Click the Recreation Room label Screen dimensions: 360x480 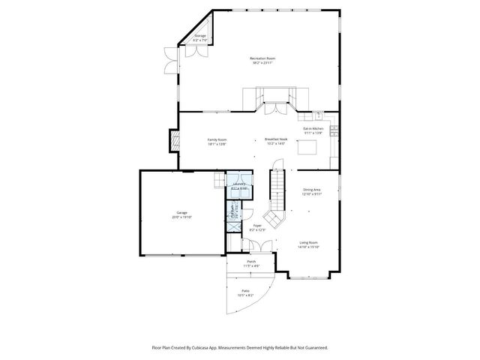[262, 58]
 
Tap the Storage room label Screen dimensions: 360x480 [200, 35]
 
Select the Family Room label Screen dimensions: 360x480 [217, 139]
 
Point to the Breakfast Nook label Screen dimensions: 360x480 [274, 139]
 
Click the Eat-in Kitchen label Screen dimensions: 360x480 [313, 128]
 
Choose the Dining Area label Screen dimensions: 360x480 [312, 190]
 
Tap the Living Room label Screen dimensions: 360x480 [309, 242]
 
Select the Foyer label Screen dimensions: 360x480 [256, 224]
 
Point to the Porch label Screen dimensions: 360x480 [250, 262]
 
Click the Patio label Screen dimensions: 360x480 [245, 290]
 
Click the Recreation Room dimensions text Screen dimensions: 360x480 [262, 63]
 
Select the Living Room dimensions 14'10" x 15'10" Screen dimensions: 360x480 [309, 247]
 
